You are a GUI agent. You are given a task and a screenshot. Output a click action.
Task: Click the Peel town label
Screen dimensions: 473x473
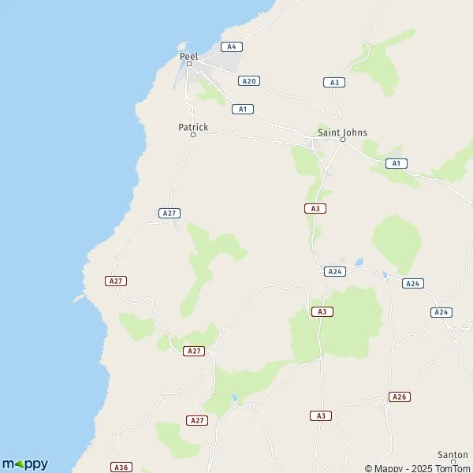(189, 57)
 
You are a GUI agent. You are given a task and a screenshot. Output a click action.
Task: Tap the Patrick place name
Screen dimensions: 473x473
(193, 127)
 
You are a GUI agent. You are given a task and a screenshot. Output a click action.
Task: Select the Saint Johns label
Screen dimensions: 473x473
(342, 132)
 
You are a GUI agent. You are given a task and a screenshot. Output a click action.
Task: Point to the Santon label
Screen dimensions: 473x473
(453, 455)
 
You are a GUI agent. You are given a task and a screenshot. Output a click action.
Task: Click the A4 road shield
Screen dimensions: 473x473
(231, 47)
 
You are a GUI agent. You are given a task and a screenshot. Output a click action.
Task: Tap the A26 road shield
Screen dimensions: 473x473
(400, 397)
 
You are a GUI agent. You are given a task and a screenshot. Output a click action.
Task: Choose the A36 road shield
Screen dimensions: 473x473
(121, 467)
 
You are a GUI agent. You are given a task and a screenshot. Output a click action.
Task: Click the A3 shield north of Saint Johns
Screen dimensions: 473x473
(334, 82)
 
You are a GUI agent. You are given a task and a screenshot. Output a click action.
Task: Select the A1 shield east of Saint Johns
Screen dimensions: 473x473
(396, 163)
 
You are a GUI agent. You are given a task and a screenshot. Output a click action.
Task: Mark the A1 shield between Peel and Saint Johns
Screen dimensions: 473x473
(243, 109)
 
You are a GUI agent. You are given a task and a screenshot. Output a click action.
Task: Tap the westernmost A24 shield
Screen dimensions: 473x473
(335, 271)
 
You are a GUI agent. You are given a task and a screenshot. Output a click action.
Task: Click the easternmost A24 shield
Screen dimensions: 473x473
(441, 312)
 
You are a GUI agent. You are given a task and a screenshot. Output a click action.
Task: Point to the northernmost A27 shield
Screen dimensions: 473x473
(169, 213)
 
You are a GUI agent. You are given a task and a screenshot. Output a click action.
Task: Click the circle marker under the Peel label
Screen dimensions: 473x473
(189, 65)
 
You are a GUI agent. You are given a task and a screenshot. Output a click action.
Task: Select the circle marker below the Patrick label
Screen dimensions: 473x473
(193, 135)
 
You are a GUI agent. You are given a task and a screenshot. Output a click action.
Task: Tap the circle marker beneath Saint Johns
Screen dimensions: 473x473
(343, 140)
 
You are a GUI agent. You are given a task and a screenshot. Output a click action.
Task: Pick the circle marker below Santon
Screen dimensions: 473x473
(453, 463)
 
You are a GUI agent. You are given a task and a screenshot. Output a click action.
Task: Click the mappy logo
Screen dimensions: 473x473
(25, 464)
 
